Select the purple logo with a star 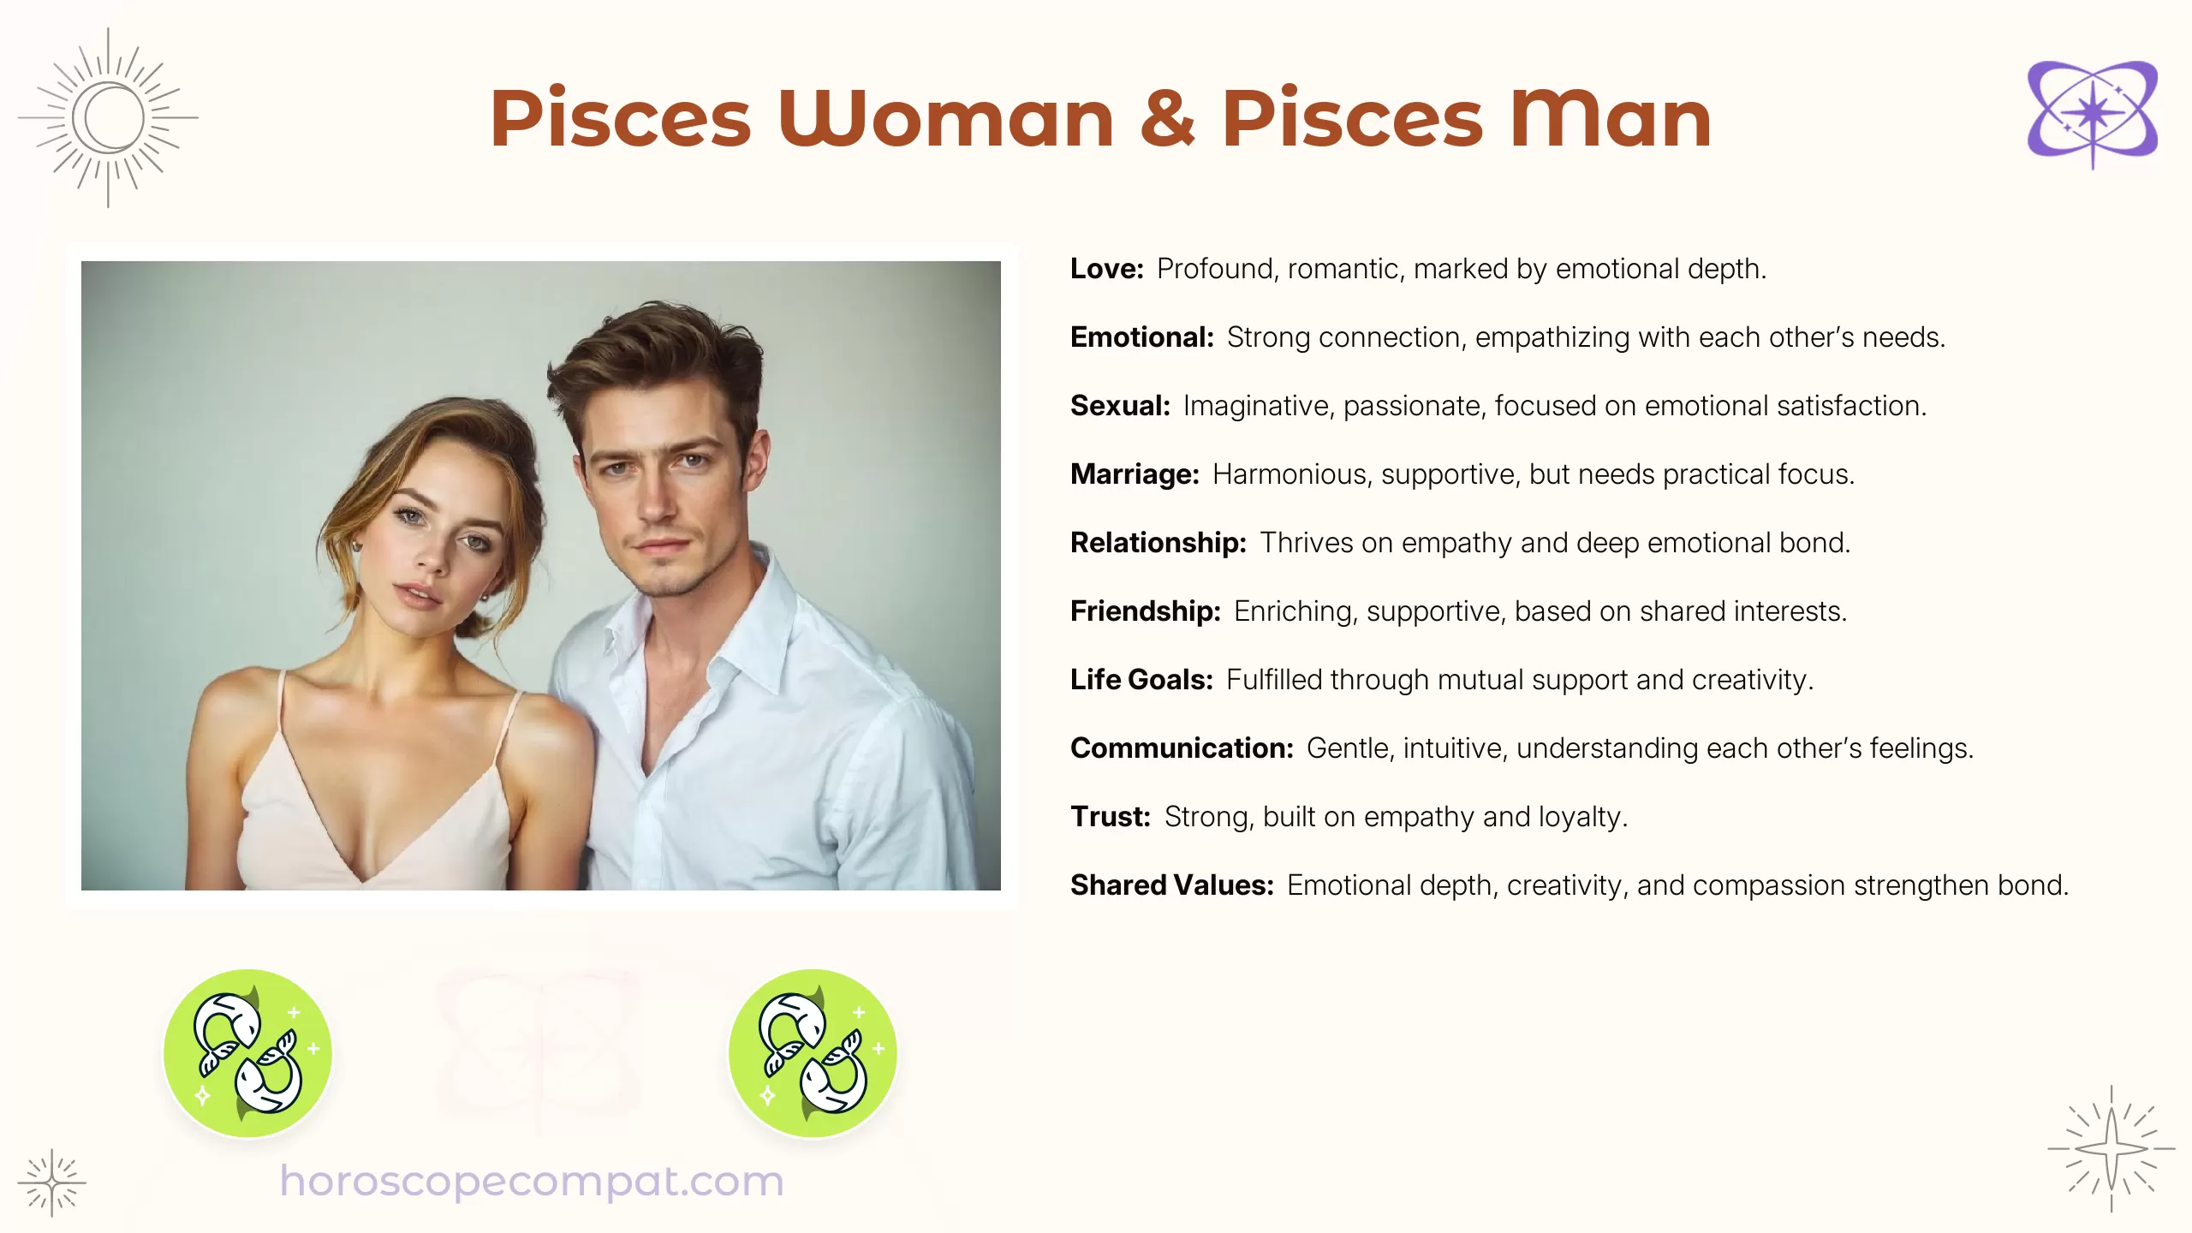(x=2092, y=113)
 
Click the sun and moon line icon (x=109, y=118)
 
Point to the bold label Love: (x=1106, y=269)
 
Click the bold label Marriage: (x=1135, y=474)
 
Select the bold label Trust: (x=1110, y=817)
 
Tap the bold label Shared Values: (x=1171, y=885)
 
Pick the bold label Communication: (x=1181, y=748)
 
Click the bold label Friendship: (x=1145, y=611)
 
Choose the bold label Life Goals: (x=1141, y=680)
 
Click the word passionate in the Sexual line (x=1414, y=406)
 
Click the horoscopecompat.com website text (x=532, y=1182)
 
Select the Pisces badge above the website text (x=247, y=1053)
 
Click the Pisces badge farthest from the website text (x=813, y=1053)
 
